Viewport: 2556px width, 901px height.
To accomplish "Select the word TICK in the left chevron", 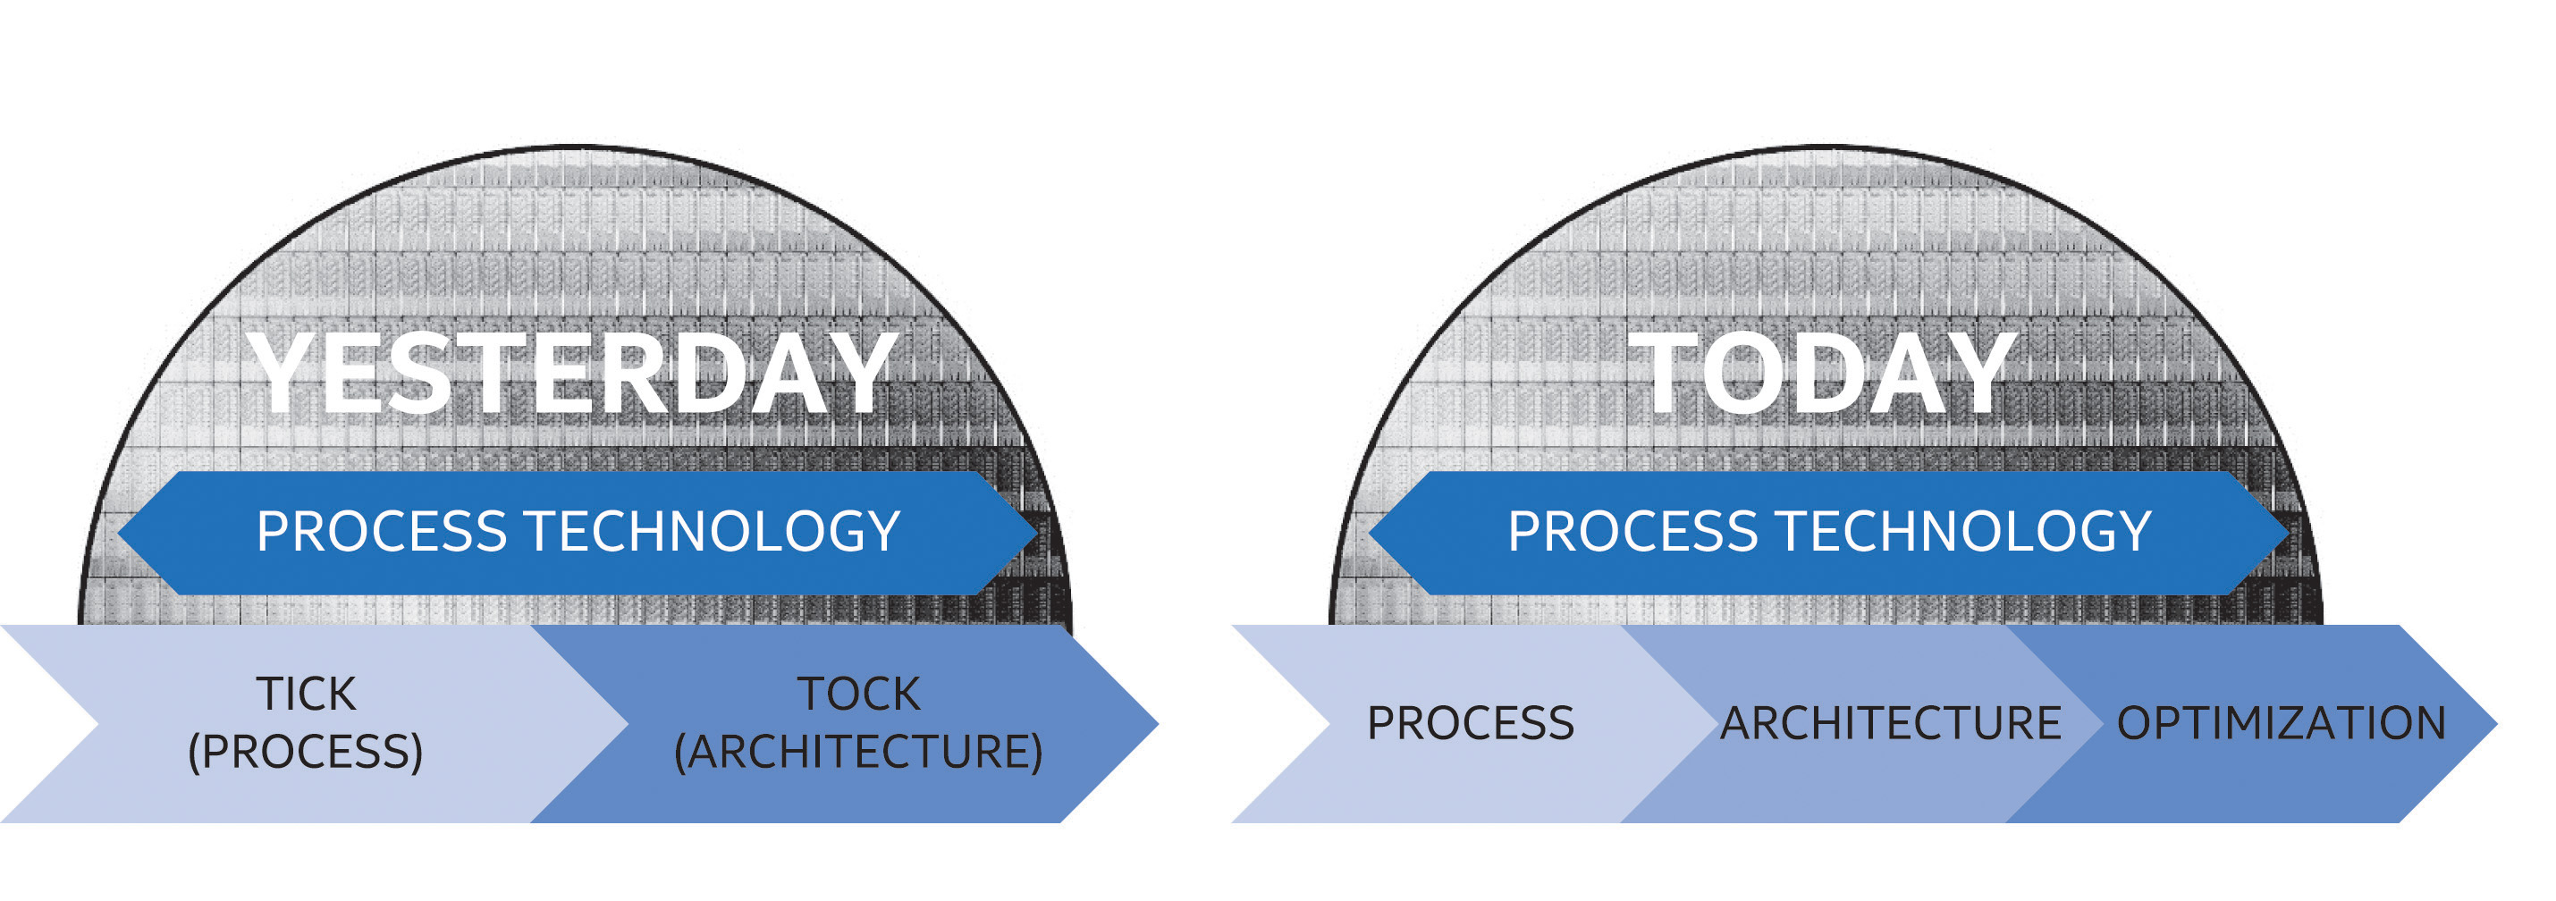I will (x=306, y=694).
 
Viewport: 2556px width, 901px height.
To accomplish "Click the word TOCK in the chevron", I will (x=858, y=694).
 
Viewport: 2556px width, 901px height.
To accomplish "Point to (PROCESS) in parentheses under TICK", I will (x=306, y=751).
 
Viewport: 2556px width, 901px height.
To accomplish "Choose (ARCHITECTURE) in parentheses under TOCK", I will (x=858, y=751).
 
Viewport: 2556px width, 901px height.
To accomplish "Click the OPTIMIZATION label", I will (x=2282, y=722).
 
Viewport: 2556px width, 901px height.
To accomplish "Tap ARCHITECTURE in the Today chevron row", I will (x=1890, y=722).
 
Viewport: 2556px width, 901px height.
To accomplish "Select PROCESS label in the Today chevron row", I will (x=1470, y=722).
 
